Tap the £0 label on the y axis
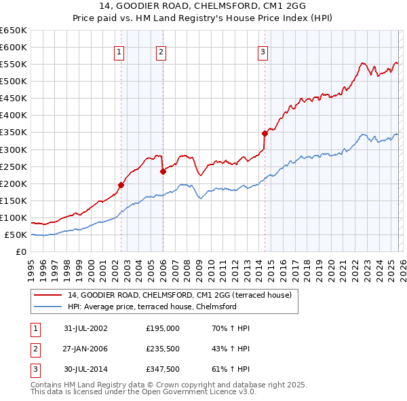tap(22, 252)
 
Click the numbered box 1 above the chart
tap(119, 52)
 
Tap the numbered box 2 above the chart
tap(161, 52)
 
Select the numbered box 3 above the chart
tap(263, 52)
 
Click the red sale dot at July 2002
tap(121, 185)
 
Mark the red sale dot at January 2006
tap(163, 171)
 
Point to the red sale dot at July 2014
tap(265, 133)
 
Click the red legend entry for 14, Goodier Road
tap(180, 295)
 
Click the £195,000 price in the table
tap(163, 328)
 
